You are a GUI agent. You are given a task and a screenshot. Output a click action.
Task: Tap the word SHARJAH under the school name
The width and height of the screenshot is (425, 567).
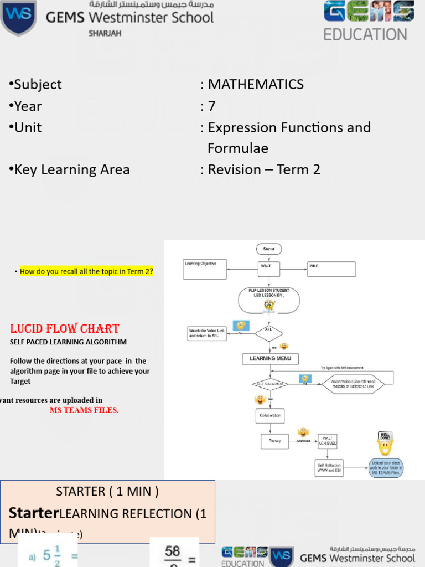[x=105, y=33]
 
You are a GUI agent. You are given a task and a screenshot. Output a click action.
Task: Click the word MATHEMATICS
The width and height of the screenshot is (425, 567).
[x=256, y=84]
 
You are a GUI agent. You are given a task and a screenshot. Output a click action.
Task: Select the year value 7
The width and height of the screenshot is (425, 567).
[x=211, y=106]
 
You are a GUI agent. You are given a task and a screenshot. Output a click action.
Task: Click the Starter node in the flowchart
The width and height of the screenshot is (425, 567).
[x=268, y=249]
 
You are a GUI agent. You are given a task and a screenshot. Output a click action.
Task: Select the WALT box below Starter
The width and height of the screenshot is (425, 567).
[x=268, y=269]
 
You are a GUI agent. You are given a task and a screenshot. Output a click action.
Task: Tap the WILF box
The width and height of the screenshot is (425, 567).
[x=331, y=269]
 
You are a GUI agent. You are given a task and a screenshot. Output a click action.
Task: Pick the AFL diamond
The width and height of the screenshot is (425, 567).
[x=269, y=332]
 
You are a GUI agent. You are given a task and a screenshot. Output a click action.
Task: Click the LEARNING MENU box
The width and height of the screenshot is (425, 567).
[x=270, y=359]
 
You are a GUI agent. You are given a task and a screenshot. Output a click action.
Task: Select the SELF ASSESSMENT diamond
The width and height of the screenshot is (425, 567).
[x=269, y=384]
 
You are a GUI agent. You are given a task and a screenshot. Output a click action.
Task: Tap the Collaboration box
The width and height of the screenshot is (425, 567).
[x=269, y=415]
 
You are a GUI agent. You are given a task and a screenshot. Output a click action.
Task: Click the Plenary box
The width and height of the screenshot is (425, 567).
[x=275, y=441]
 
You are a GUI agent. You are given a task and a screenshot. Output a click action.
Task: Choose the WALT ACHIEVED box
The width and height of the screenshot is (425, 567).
[x=328, y=441]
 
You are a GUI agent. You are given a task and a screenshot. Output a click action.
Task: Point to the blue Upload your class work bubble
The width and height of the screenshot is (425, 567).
[x=386, y=468]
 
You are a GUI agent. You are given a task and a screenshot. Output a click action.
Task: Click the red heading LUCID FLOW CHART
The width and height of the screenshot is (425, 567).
[x=65, y=328]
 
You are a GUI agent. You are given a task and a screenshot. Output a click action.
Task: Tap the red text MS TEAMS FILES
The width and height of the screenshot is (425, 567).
[x=84, y=410]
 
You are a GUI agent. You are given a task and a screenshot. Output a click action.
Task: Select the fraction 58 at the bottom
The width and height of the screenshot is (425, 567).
[x=173, y=551]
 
